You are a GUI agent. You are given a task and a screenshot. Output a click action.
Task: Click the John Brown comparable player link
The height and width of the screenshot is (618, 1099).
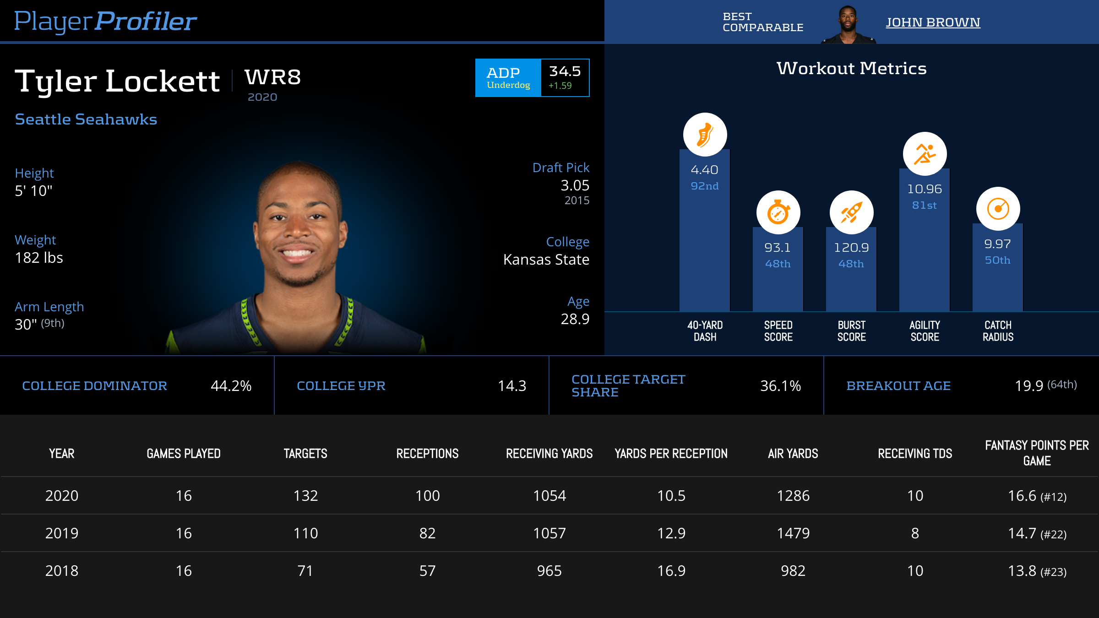[932, 22]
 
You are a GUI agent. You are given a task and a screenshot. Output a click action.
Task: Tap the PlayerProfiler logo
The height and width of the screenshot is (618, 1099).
[105, 22]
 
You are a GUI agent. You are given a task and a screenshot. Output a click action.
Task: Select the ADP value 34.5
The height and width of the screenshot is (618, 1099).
[565, 71]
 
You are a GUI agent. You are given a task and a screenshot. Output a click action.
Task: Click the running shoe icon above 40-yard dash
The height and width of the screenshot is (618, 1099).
[705, 135]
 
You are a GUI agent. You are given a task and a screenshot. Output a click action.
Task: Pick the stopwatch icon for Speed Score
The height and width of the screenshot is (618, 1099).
[778, 212]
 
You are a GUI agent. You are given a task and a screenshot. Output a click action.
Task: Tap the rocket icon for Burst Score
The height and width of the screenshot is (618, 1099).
[851, 212]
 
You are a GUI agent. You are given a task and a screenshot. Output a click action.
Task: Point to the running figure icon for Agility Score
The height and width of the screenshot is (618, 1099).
[925, 154]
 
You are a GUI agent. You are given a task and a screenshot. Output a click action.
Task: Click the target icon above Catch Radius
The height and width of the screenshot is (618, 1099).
[998, 209]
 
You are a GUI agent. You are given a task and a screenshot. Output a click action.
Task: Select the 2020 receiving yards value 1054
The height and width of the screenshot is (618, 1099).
[549, 496]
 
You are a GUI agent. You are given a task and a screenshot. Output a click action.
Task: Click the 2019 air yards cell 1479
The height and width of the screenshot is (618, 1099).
[793, 533]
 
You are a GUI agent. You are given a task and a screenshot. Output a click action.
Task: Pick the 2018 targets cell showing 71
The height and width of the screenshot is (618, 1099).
[305, 571]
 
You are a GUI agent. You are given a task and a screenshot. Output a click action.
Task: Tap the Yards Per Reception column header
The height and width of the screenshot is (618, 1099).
[671, 454]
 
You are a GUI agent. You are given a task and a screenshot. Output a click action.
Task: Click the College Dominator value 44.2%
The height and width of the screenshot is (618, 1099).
[231, 386]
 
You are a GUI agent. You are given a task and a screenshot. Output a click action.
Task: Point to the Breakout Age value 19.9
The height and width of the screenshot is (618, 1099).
[1029, 386]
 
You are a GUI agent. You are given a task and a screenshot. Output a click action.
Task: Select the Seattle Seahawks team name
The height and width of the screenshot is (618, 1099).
[86, 119]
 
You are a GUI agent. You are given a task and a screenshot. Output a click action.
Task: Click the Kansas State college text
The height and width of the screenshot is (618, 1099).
[546, 260]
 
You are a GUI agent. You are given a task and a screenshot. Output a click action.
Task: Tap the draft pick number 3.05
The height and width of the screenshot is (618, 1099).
[575, 185]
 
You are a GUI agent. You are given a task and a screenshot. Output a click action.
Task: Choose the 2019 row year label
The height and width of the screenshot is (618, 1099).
[62, 533]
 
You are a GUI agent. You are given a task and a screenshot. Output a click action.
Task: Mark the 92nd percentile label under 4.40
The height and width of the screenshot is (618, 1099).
[705, 186]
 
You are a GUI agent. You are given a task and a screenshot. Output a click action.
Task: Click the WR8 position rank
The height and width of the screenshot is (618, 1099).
[273, 77]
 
